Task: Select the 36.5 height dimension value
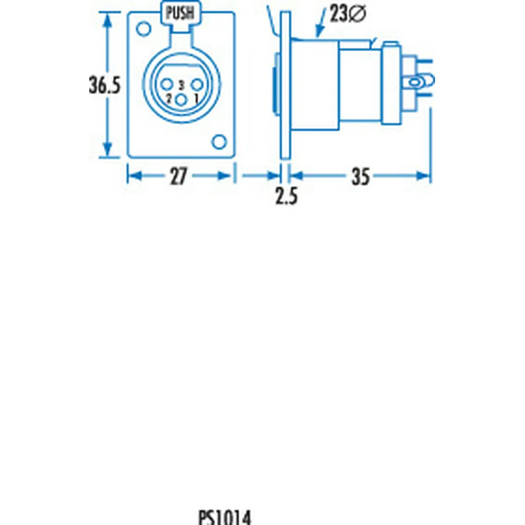pyautogui.click(x=104, y=86)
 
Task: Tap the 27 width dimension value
pyautogui.click(x=178, y=177)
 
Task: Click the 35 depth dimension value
pyautogui.click(x=360, y=177)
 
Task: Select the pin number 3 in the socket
pyautogui.click(x=181, y=84)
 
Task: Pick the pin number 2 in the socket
pyautogui.click(x=169, y=98)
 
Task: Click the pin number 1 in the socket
pyautogui.click(x=196, y=98)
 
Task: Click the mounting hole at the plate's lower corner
pyautogui.click(x=218, y=141)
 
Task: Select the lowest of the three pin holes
pyautogui.click(x=181, y=100)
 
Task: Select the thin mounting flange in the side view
pyautogui.click(x=285, y=87)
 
